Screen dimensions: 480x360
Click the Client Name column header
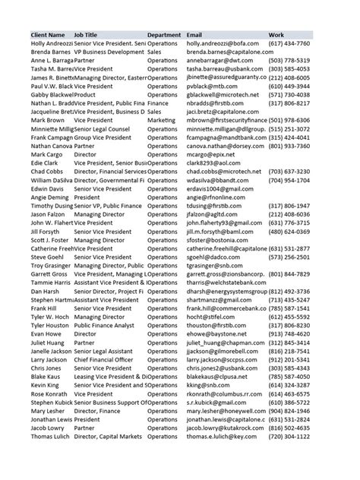coord(49,36)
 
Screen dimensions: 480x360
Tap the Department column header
coord(163,36)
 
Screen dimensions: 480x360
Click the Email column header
coord(194,36)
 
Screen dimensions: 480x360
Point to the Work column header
coord(276,36)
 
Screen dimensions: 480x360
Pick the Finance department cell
coord(158,103)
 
